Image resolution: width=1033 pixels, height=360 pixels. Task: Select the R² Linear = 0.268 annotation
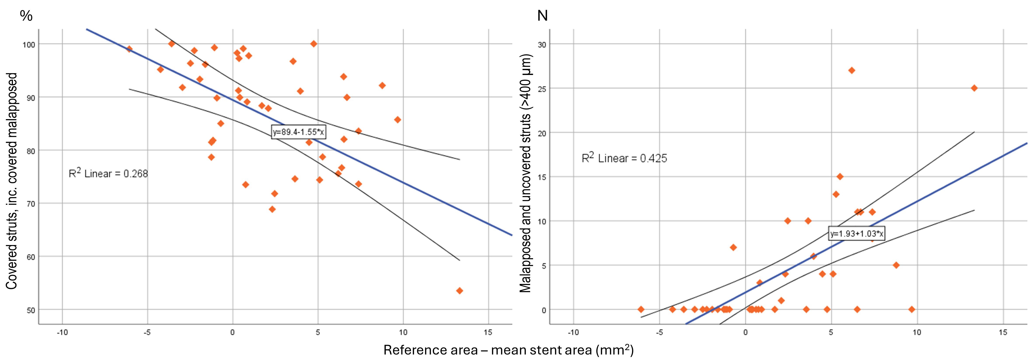108,174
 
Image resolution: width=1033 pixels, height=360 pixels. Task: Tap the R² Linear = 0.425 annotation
624,158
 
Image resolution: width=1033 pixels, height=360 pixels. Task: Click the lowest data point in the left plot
460,291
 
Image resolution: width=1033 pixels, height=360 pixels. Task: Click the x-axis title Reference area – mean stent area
508,350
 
